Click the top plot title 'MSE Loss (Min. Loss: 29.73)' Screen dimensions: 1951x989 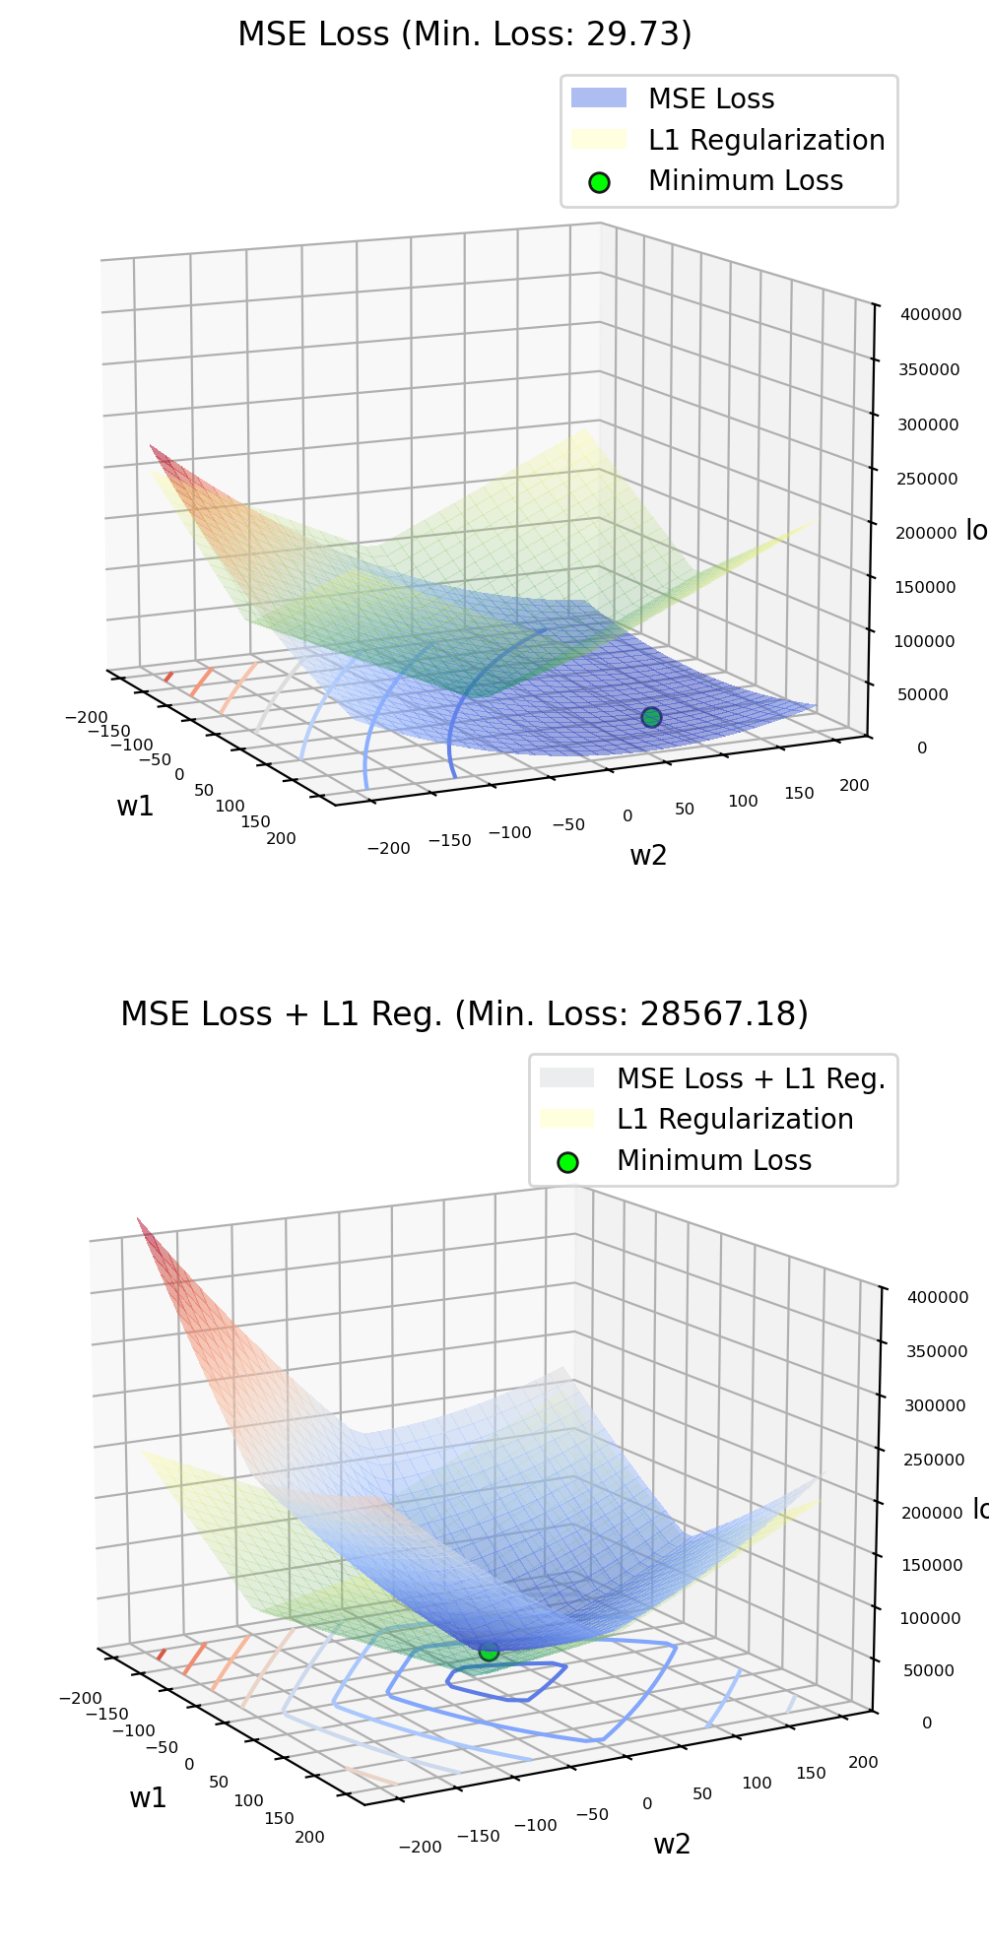click(x=464, y=34)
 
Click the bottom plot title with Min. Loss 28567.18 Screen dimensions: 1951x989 click(x=464, y=1013)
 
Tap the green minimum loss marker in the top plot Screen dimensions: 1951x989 click(x=651, y=717)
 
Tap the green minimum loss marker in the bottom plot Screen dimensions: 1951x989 click(x=489, y=1651)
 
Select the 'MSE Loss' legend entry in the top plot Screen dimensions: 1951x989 click(x=710, y=98)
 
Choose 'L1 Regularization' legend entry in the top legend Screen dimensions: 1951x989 click(x=765, y=140)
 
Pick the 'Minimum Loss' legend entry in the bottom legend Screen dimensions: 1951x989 click(x=713, y=1160)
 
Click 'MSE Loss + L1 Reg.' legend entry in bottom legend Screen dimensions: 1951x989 click(x=751, y=1078)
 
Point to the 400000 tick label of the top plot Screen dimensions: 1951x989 click(x=931, y=315)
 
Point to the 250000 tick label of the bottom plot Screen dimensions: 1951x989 click(x=935, y=1460)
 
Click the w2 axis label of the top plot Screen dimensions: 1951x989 click(x=648, y=855)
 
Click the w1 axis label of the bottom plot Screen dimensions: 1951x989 click(x=148, y=1797)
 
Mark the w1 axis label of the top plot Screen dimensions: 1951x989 click(x=135, y=806)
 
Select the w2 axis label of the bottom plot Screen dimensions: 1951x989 click(x=672, y=1844)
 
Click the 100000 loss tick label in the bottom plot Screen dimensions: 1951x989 click(x=930, y=1618)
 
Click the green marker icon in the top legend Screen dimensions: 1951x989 click(x=599, y=182)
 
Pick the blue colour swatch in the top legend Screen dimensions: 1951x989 click(x=599, y=98)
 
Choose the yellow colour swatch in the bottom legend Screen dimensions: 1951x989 click(x=567, y=1119)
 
